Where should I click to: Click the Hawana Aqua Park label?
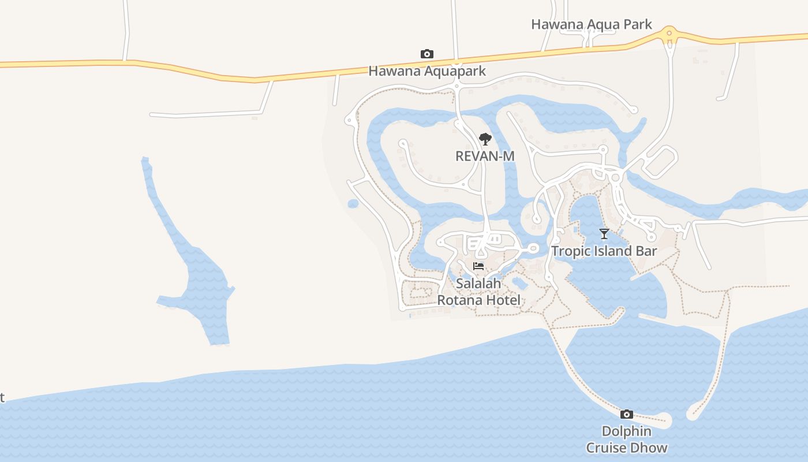click(x=592, y=24)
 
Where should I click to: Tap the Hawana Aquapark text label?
click(x=427, y=71)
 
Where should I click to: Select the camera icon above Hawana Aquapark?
click(x=427, y=54)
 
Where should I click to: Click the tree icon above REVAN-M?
click(x=485, y=139)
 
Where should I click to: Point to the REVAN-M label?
click(x=485, y=156)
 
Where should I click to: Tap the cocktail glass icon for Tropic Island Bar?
click(x=604, y=234)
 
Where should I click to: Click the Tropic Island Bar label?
click(x=604, y=251)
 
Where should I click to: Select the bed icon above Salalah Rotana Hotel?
click(x=478, y=266)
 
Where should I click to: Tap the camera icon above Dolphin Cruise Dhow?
click(x=627, y=414)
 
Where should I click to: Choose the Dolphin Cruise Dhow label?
click(x=627, y=439)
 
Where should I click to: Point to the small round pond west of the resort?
click(x=353, y=203)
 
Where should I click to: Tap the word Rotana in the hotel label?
click(x=462, y=300)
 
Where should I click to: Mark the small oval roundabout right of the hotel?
click(x=533, y=249)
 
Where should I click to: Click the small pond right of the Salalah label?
click(x=519, y=283)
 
